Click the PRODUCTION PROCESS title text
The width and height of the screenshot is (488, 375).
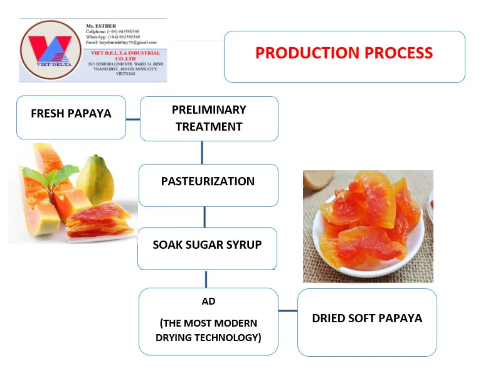coord(344,53)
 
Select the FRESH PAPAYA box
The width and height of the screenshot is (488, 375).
coord(71,114)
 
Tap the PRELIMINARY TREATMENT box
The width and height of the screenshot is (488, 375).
coord(209,118)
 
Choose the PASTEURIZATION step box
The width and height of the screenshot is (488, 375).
coord(208,182)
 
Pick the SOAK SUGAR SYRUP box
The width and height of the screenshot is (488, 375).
coord(207,244)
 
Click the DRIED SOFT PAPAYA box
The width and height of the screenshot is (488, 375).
coord(367,318)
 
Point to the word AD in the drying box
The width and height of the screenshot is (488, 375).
coord(208,302)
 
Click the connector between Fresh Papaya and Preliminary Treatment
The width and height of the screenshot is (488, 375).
coord(132,118)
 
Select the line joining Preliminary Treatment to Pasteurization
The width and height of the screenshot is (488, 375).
coord(202,152)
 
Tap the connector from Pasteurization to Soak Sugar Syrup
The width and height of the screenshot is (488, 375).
coord(204,217)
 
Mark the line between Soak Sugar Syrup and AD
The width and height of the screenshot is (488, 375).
coord(206,279)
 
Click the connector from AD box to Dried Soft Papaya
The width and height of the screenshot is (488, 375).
coord(287,311)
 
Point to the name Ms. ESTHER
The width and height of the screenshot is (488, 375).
coord(100,26)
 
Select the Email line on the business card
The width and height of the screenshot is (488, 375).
coord(121,42)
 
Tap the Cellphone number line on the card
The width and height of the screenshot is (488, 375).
coord(113,31)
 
